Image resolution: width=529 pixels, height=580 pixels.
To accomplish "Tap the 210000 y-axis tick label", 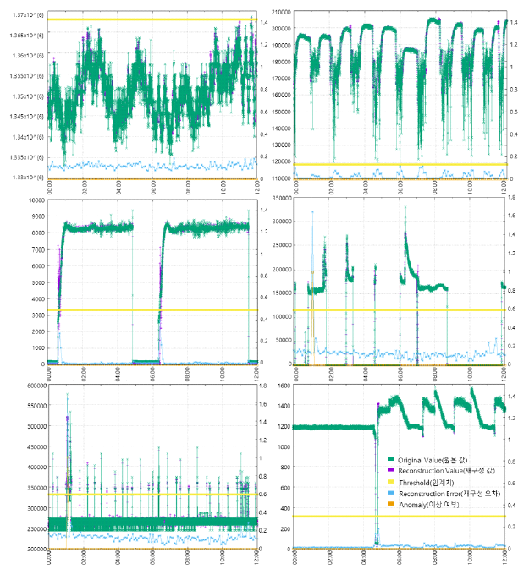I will (279, 11).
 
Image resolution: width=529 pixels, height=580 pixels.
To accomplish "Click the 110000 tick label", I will (279, 178).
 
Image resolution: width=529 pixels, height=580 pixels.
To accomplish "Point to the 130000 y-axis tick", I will (279, 145).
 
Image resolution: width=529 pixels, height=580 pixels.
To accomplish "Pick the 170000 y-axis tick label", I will (279, 78).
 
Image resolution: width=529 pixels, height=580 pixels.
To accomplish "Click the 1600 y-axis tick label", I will (283, 386).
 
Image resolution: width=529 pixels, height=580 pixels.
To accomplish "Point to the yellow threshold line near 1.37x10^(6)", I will (152, 19).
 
